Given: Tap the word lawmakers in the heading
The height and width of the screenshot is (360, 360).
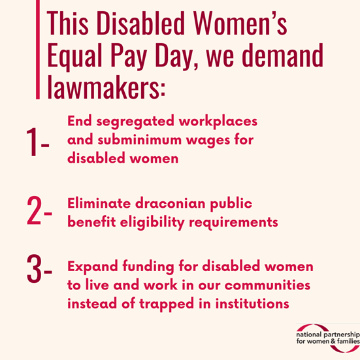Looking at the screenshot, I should click(x=105, y=87).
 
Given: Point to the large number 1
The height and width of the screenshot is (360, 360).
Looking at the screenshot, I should click(x=31, y=143).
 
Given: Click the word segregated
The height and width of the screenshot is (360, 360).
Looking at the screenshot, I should click(x=131, y=122).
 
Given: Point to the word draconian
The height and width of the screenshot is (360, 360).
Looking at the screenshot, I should click(x=171, y=203).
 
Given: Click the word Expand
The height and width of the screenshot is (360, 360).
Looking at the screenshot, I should click(x=91, y=268).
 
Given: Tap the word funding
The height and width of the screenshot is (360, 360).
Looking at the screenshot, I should click(x=148, y=268).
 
